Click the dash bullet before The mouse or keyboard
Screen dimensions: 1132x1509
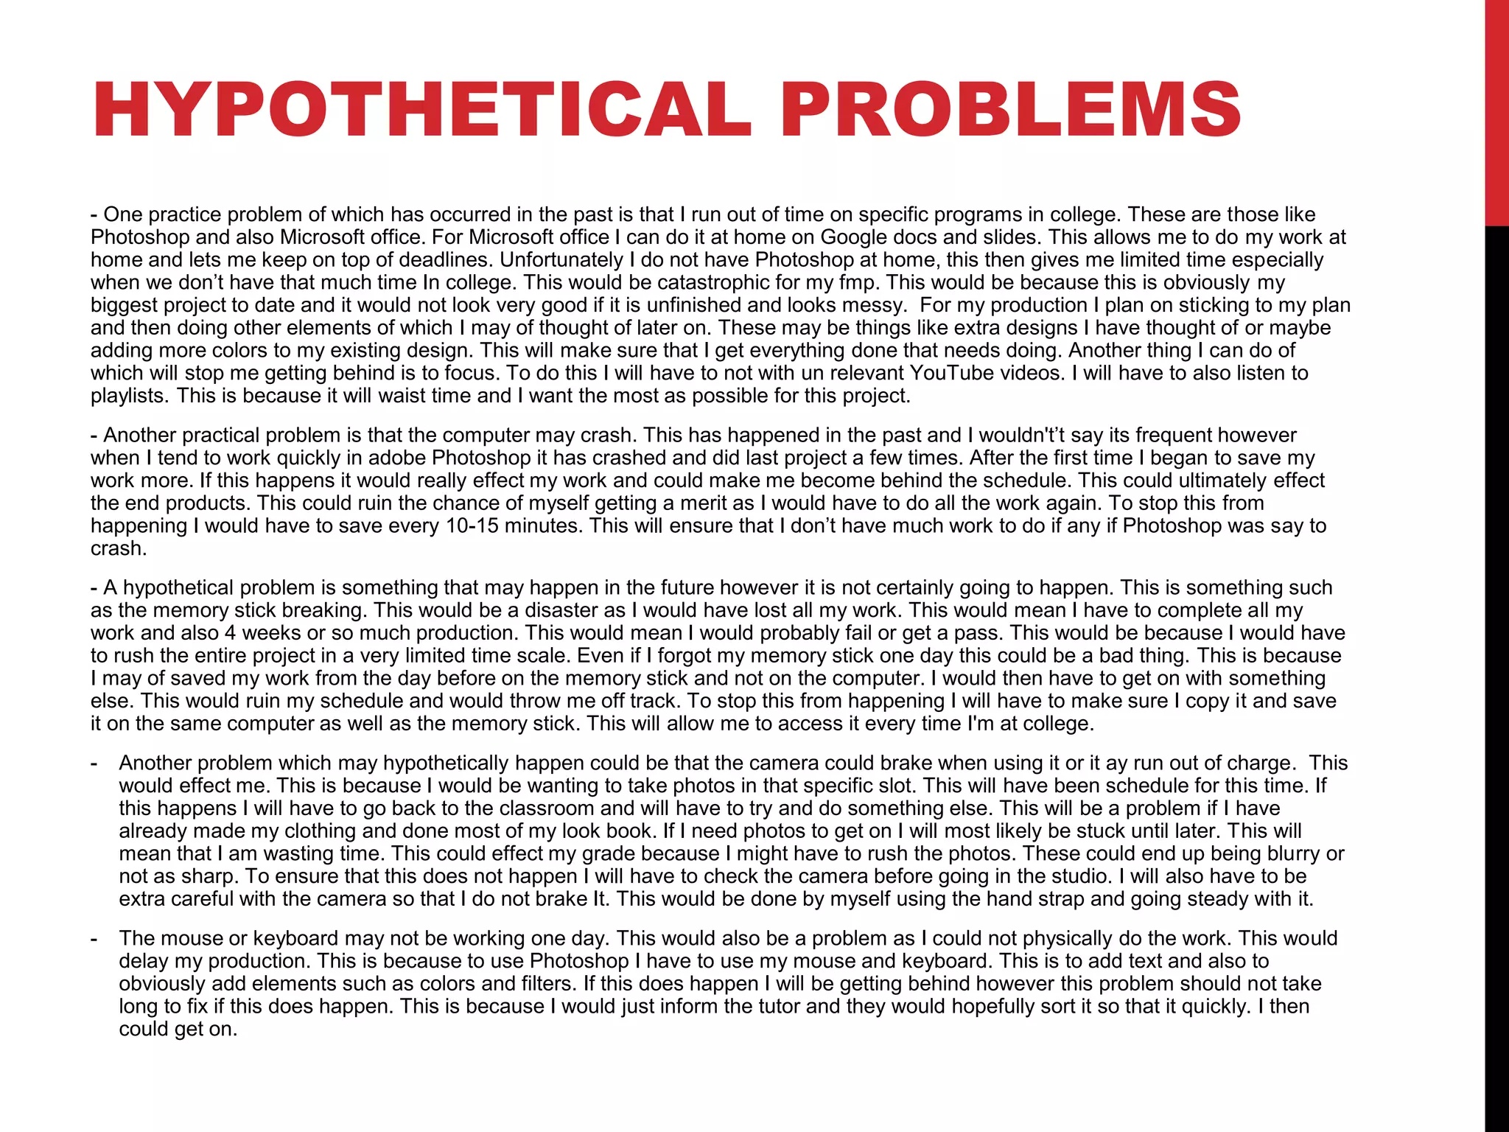click(94, 939)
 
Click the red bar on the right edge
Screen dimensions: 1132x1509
click(1496, 111)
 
